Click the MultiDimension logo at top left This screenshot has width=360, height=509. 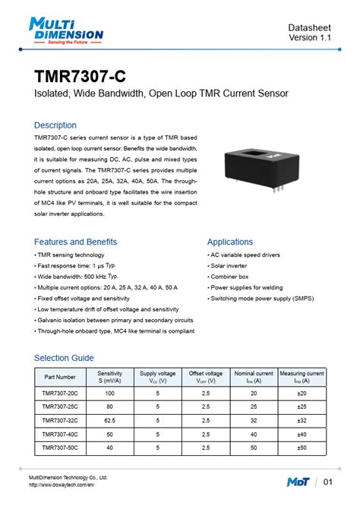66,31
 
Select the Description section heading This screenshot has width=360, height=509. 55,125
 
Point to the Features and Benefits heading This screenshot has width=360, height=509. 76,242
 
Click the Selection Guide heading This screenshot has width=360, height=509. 64,358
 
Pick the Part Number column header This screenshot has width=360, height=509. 60,377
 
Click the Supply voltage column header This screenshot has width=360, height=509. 157,377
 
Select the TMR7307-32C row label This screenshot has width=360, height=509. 60,420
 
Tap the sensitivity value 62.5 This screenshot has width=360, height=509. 110,420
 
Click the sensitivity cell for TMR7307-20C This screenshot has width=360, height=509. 110,393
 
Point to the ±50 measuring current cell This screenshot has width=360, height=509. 302,447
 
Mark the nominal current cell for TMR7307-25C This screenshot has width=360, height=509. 254,406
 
